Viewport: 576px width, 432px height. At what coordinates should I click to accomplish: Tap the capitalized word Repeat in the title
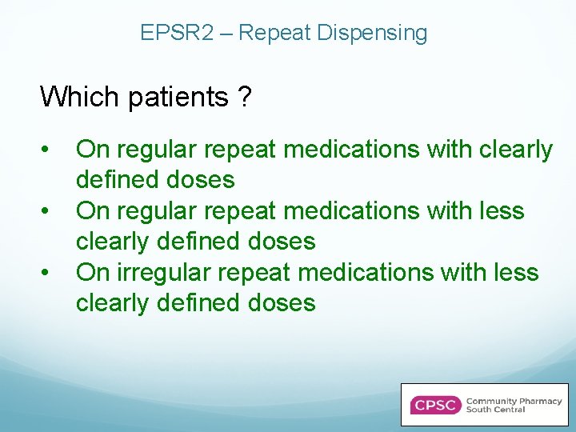tap(274, 33)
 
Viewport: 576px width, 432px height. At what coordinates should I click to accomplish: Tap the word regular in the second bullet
tap(157, 211)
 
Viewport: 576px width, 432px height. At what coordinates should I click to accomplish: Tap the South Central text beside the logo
tap(496, 410)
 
